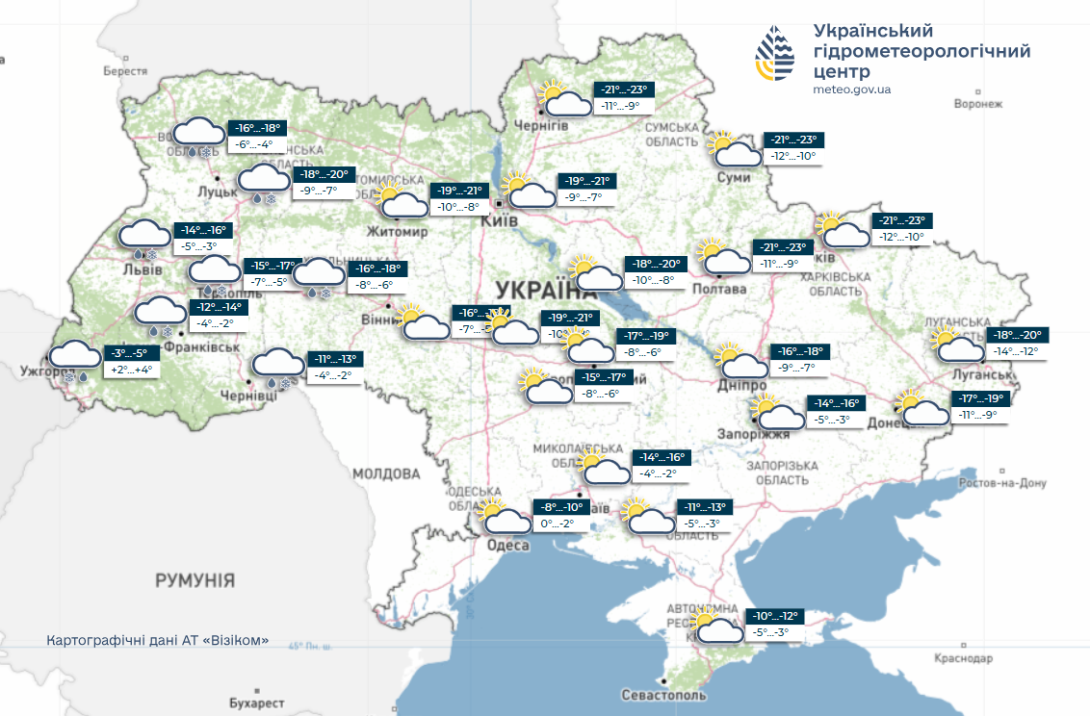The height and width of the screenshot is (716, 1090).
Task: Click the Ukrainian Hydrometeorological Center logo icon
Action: (x=776, y=55)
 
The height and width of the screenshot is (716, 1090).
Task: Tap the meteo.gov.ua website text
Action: (x=852, y=89)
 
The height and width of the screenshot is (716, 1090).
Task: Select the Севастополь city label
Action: (x=663, y=695)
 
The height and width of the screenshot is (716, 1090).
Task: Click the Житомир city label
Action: (x=397, y=232)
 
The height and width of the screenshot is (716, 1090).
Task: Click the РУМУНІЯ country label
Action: (x=195, y=580)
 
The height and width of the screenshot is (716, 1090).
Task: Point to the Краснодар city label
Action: (x=963, y=658)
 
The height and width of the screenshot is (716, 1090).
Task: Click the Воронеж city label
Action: (x=977, y=104)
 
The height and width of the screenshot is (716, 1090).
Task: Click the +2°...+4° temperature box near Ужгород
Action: (x=132, y=370)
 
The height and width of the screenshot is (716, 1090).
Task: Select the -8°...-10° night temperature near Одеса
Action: (x=561, y=507)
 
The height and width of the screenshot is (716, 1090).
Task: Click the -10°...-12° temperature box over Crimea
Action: (x=776, y=616)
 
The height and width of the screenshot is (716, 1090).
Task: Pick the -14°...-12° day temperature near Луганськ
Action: (x=1017, y=351)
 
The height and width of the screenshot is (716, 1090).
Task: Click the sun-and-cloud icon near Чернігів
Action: (x=564, y=99)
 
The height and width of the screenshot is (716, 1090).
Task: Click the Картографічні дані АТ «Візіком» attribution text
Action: (x=157, y=640)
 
